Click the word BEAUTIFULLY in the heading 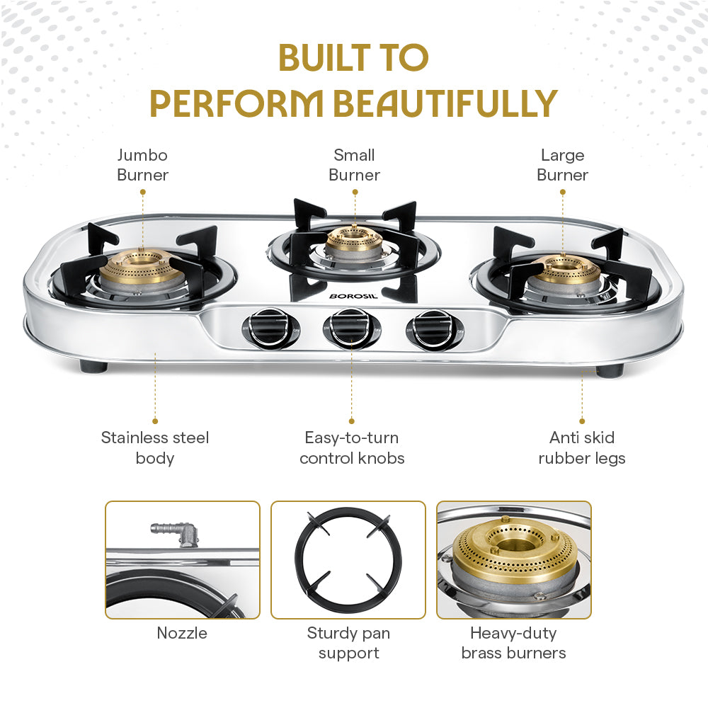coord(445,103)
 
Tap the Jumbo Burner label coord(142,165)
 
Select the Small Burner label coord(354,165)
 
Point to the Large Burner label coord(562,165)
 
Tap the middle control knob coord(351,329)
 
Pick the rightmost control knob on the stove coord(433,329)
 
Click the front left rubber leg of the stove coord(93,366)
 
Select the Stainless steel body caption coord(155,447)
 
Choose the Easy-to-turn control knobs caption coord(352,447)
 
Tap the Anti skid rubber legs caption coord(582,447)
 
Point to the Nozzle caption coord(182,633)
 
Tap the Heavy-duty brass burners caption coord(513,643)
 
